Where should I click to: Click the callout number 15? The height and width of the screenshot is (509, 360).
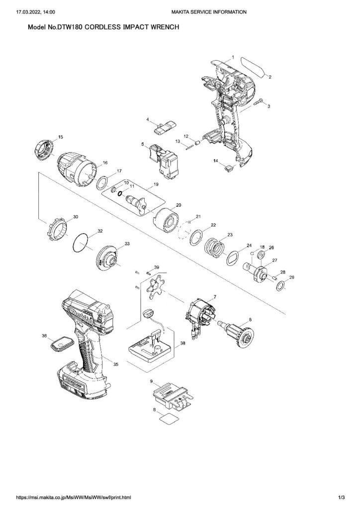click(61, 137)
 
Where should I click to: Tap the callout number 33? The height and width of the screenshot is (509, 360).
click(127, 243)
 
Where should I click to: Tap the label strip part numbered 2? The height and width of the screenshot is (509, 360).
click(253, 67)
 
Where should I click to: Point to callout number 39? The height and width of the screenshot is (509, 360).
click(157, 267)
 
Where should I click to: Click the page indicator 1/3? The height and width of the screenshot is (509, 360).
click(341, 497)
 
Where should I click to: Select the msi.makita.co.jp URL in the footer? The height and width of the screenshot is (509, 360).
click(74, 497)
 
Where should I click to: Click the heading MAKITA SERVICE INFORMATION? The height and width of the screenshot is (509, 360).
click(209, 12)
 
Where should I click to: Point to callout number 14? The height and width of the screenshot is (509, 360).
click(215, 161)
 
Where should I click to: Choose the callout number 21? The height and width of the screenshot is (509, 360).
click(198, 216)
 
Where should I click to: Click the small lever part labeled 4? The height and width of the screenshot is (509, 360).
click(165, 127)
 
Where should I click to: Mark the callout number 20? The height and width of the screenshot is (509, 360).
click(179, 205)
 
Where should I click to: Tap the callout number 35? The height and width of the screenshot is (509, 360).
click(115, 364)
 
